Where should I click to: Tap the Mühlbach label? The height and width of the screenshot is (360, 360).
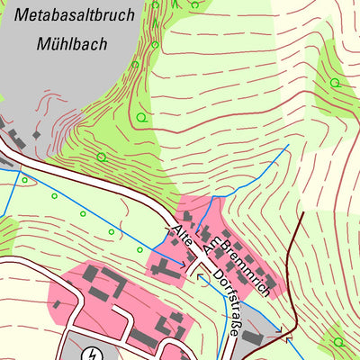point(70,42)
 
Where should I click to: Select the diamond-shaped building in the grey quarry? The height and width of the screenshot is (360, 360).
point(37,134)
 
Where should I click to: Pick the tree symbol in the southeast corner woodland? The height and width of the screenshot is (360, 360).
point(338,341)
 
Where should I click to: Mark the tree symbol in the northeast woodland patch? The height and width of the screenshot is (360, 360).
point(335,83)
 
